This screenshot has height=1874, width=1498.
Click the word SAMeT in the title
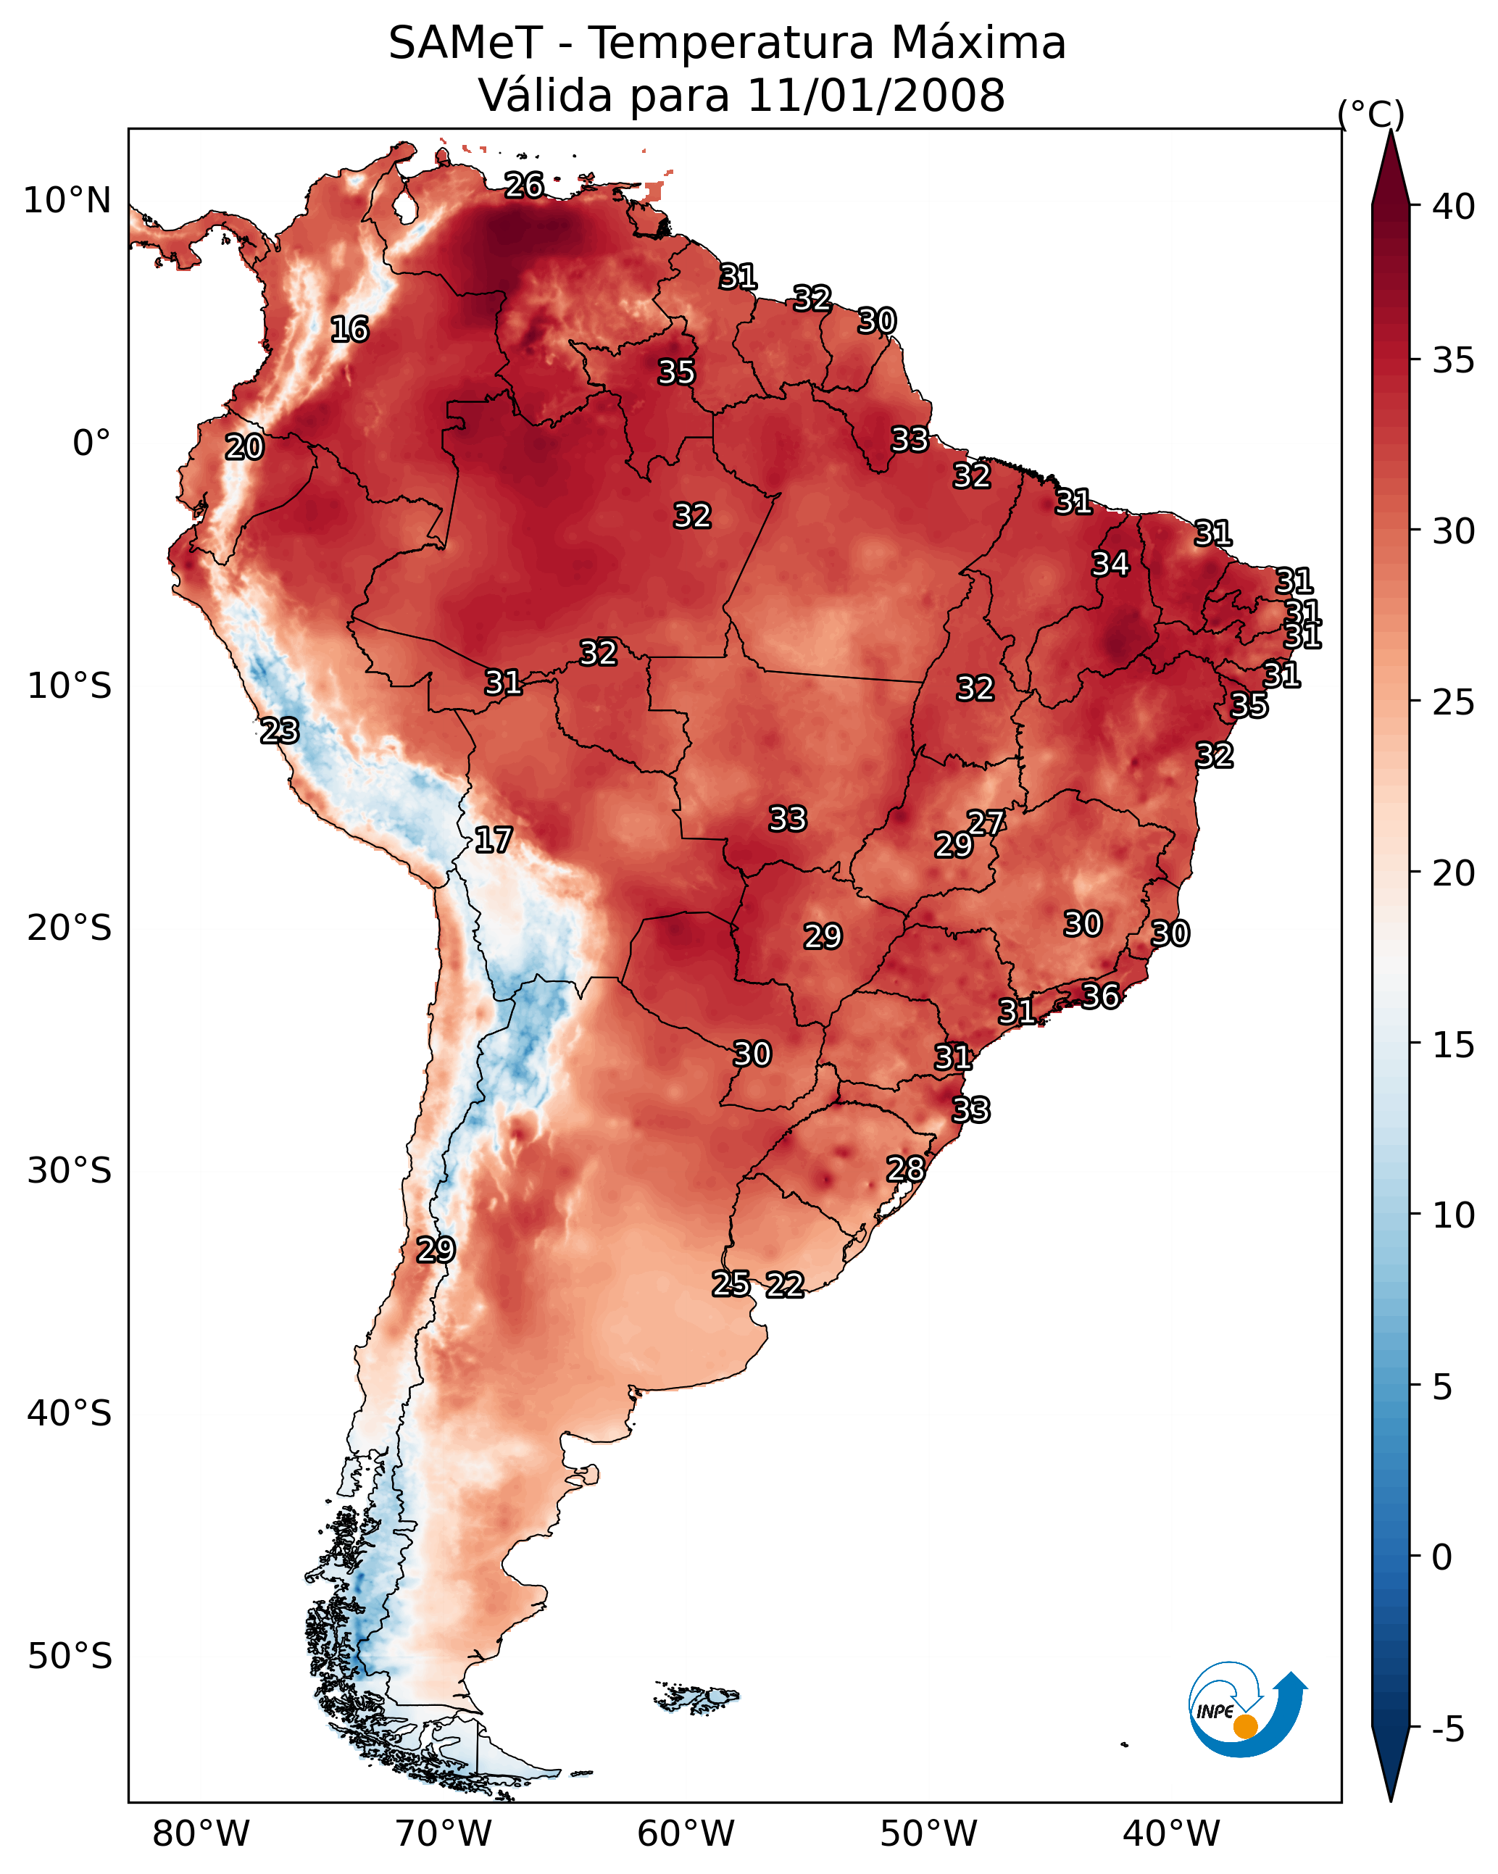[465, 43]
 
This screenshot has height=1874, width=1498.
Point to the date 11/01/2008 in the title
[875, 96]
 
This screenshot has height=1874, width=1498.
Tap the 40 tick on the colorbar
[1454, 206]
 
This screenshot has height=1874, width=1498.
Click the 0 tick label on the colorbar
[1441, 1557]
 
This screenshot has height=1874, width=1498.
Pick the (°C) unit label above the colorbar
[1371, 114]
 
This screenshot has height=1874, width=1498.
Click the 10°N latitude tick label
[67, 201]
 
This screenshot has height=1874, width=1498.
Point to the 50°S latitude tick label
[70, 1657]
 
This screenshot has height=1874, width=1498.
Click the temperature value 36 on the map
[1100, 996]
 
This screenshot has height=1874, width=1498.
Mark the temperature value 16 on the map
[349, 330]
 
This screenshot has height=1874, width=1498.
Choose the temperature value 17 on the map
[493, 840]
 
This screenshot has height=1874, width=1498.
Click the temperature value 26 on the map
[524, 185]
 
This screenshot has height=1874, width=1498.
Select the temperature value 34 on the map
[1110, 564]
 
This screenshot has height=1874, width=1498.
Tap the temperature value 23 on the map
[279, 731]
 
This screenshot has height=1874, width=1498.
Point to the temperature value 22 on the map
[784, 1285]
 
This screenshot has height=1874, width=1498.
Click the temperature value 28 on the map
[905, 1169]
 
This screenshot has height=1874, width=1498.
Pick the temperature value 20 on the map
[244, 448]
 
